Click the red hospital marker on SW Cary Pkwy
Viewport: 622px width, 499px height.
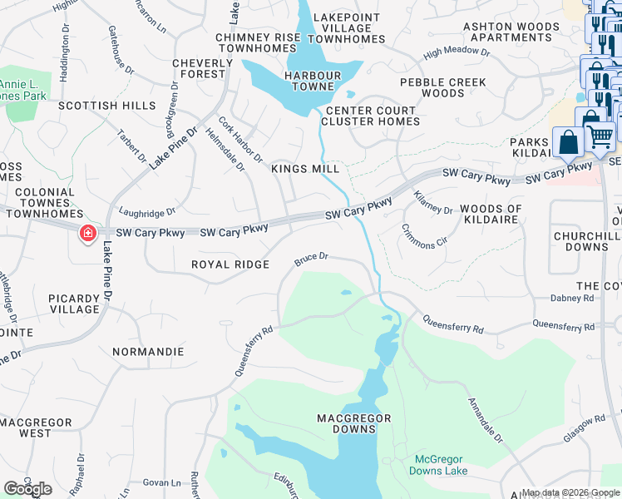tap(86, 234)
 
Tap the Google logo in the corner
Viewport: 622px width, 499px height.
tap(27, 488)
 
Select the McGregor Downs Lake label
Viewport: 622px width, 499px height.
tap(438, 465)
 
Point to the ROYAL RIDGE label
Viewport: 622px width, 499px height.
tap(230, 264)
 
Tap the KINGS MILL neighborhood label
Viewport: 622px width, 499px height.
tap(305, 169)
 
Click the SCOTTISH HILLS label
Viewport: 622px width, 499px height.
tap(107, 106)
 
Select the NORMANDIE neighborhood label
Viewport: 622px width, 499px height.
tap(147, 352)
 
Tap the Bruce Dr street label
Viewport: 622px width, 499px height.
tap(313, 261)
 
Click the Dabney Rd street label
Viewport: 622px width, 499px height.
tap(573, 298)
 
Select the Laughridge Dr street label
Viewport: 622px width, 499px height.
tap(147, 212)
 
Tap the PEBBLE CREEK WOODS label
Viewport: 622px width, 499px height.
tap(443, 87)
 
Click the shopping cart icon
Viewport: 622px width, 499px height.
tap(601, 135)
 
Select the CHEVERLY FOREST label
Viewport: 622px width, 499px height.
tap(202, 68)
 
